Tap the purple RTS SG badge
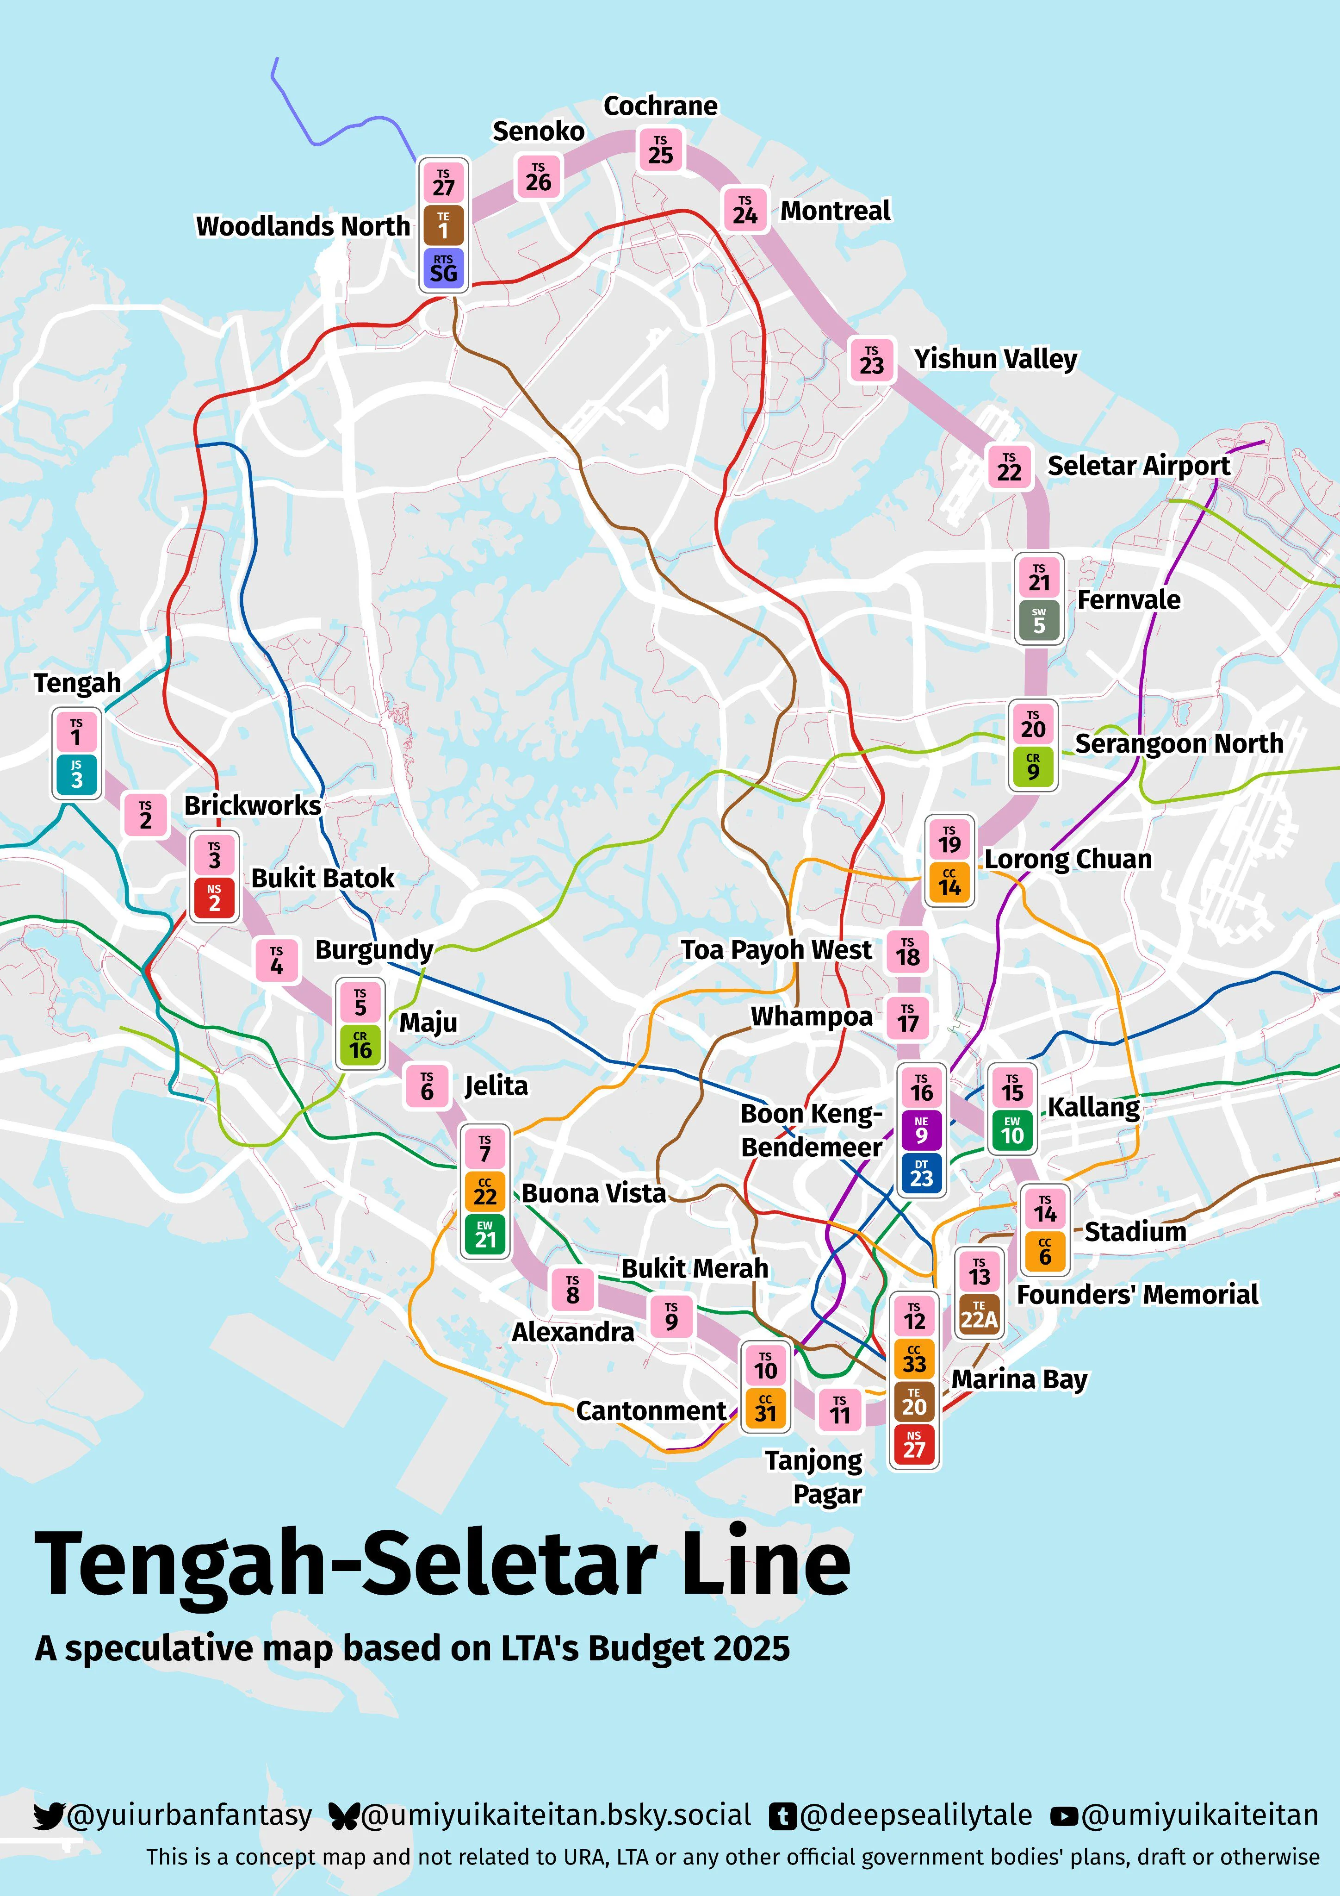(x=443, y=268)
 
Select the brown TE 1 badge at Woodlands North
(x=443, y=225)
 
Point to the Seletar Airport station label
(x=1139, y=466)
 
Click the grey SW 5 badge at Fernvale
(x=1039, y=621)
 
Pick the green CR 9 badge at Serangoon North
(x=1033, y=767)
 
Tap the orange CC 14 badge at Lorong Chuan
(x=949, y=883)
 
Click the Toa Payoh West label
(x=776, y=950)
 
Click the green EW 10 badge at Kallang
(x=1012, y=1130)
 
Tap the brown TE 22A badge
(x=979, y=1315)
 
